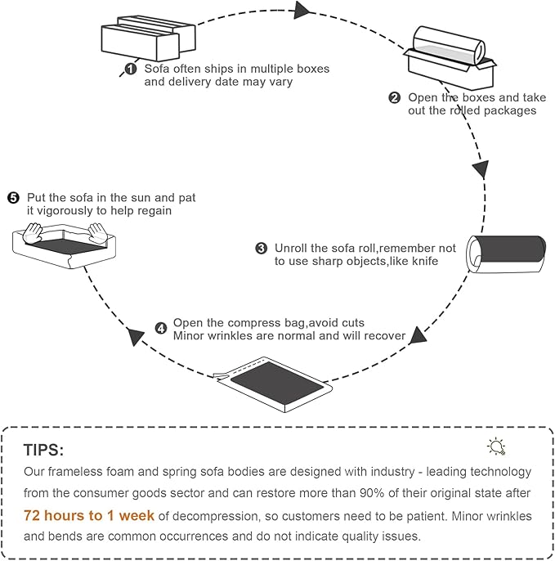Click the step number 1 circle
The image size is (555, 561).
tap(130, 69)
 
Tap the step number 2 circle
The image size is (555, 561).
tap(395, 97)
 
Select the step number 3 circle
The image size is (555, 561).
tap(261, 248)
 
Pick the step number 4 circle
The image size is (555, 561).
tap(160, 329)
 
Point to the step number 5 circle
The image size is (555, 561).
tap(12, 198)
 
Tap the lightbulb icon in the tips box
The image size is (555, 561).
tap(496, 447)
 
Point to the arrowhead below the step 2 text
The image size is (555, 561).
tap(481, 169)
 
